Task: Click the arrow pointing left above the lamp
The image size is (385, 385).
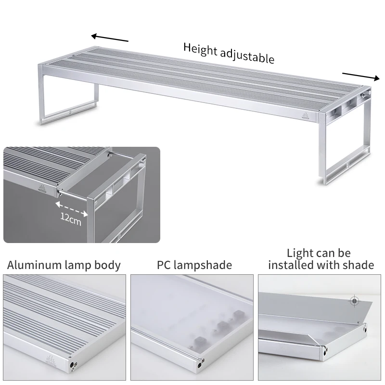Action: tap(110, 38)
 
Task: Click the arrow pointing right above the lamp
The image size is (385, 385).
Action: tap(360, 76)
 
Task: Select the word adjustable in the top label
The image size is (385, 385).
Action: tap(247, 56)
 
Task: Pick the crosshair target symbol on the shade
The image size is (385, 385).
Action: tap(355, 301)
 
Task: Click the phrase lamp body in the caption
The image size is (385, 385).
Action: tap(98, 265)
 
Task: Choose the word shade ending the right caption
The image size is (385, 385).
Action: tap(359, 265)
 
